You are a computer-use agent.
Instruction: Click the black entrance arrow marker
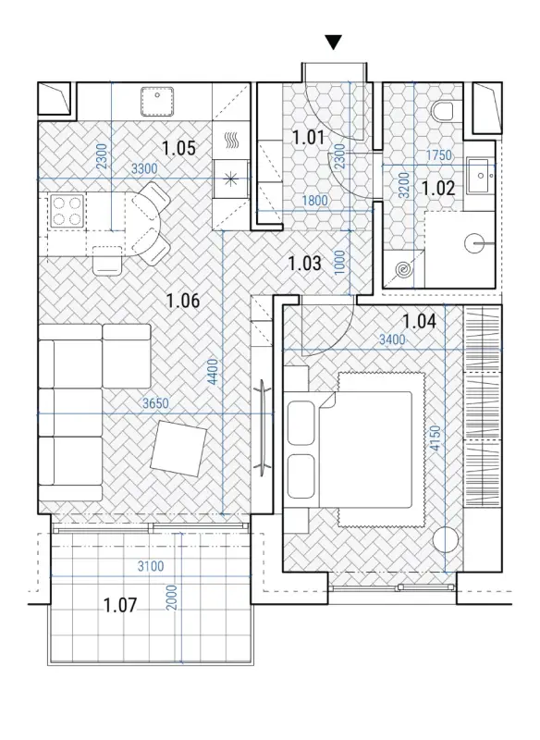tap(334, 43)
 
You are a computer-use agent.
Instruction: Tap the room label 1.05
tap(178, 148)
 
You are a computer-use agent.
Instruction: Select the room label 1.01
tap(308, 138)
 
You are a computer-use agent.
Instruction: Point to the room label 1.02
tap(438, 189)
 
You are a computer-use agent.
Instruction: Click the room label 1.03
tap(304, 264)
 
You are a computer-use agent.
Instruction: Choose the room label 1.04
tap(419, 321)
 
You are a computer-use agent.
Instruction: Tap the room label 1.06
tap(183, 300)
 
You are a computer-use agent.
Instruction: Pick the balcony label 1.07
tap(120, 605)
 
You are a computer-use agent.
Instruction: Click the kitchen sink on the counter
tap(157, 101)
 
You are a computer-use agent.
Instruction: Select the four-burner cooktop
tap(67, 211)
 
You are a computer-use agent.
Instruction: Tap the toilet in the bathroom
tap(442, 111)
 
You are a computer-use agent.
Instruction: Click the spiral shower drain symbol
tap(404, 269)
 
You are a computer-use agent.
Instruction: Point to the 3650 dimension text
tap(155, 403)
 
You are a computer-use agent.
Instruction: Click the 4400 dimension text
tap(214, 373)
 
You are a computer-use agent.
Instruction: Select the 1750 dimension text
tap(438, 154)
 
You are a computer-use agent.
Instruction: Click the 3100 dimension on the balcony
tap(151, 566)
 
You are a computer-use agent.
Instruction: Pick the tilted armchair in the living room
tap(179, 449)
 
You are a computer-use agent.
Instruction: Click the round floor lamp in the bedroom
tap(445, 539)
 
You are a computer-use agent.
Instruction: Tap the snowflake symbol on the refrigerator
tap(230, 179)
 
